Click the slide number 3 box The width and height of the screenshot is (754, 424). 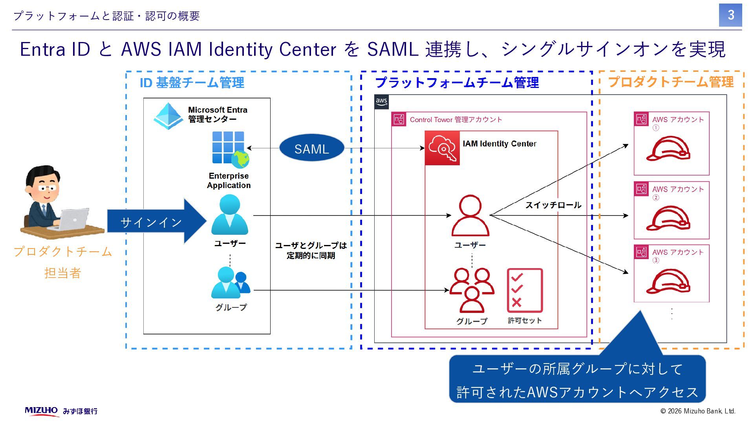click(x=730, y=15)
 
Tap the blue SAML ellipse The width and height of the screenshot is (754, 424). click(x=312, y=148)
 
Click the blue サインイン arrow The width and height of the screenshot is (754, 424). click(x=157, y=221)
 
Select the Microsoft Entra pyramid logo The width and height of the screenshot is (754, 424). click(x=168, y=116)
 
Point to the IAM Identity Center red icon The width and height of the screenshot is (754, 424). click(x=442, y=148)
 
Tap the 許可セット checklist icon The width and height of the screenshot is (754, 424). click(x=525, y=291)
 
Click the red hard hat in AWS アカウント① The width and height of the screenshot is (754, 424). click(x=668, y=148)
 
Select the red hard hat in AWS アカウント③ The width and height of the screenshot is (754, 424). click(x=668, y=281)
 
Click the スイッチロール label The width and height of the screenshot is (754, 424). click(x=553, y=205)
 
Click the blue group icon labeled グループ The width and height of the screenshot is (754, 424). click(x=231, y=283)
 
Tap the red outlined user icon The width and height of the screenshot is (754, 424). click(x=470, y=216)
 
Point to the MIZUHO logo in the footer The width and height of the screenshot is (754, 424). click(x=41, y=411)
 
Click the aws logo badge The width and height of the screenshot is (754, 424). click(x=381, y=102)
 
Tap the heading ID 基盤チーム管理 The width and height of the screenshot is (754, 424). click(x=192, y=83)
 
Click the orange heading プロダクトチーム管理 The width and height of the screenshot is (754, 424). click(x=671, y=82)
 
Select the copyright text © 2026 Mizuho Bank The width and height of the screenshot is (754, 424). click(x=698, y=411)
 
